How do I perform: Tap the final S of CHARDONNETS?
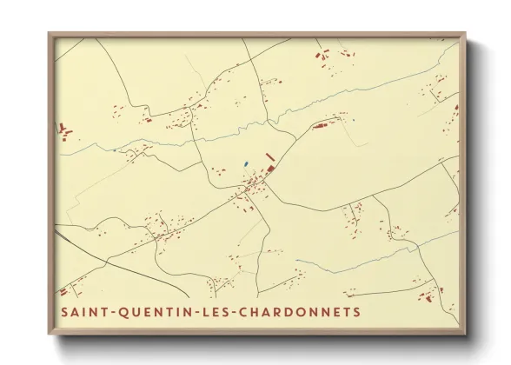(356, 311)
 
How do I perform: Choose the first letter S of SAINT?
(64, 311)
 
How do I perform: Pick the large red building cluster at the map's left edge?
(63, 131)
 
